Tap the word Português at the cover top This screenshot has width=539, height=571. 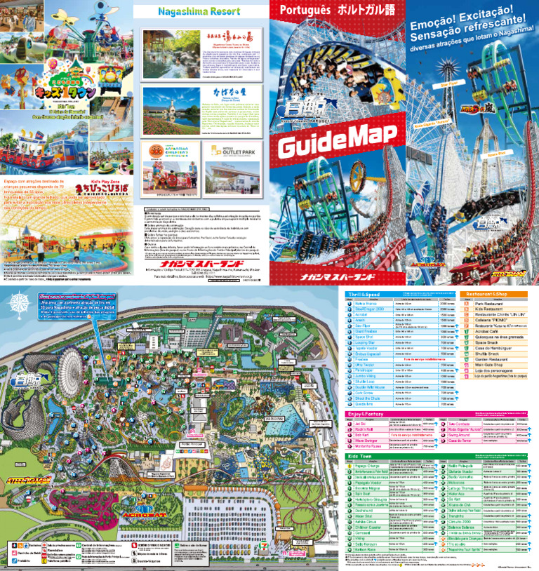(x=303, y=11)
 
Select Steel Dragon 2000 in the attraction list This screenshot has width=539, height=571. (x=375, y=309)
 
